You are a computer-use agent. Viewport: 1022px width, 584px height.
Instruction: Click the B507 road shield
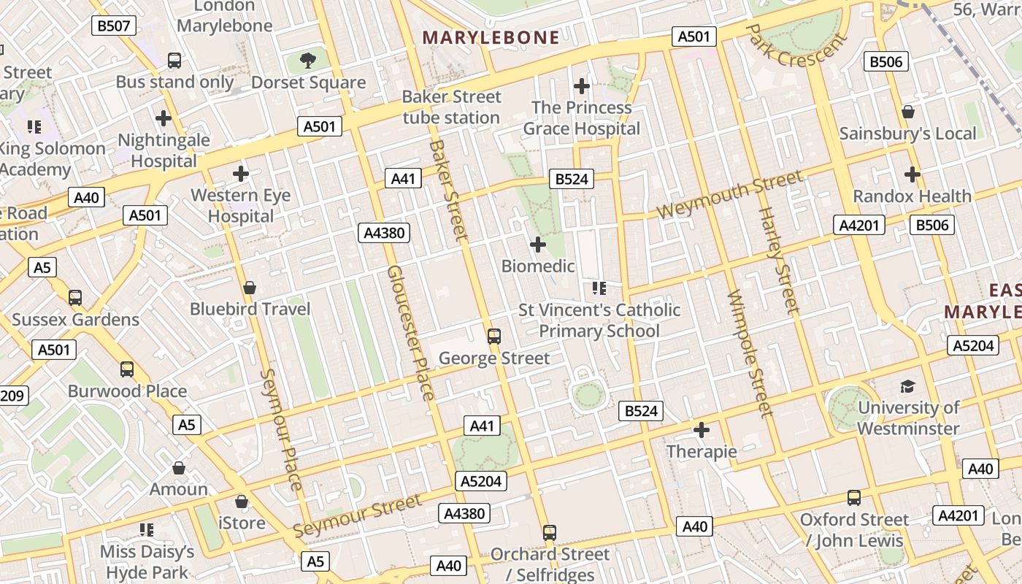[x=114, y=26]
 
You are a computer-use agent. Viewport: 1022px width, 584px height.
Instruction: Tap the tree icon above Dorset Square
[x=308, y=60]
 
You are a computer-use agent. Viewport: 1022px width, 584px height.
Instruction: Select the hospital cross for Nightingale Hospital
[x=164, y=118]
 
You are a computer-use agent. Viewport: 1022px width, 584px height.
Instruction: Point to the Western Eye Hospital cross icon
[x=240, y=174]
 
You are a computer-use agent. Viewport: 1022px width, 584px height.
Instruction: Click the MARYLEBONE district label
[x=491, y=38]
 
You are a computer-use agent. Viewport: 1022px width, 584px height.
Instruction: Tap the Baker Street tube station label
[x=452, y=107]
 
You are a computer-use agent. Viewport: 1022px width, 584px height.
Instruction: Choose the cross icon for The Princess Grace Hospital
[x=581, y=86]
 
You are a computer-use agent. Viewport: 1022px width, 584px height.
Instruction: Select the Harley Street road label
[x=779, y=260]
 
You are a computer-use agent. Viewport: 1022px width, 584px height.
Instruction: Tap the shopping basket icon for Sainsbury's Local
[x=907, y=112]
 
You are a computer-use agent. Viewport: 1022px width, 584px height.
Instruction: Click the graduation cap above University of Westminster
[x=907, y=386]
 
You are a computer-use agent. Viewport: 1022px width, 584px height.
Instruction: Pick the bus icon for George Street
[x=494, y=336]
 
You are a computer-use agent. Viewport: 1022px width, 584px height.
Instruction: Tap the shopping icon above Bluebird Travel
[x=250, y=288]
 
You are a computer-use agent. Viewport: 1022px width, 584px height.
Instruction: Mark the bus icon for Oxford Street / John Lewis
[x=853, y=498]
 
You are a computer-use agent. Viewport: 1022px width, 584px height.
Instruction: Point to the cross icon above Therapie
[x=701, y=430]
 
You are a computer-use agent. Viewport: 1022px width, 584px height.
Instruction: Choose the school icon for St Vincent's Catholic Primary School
[x=599, y=288]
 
